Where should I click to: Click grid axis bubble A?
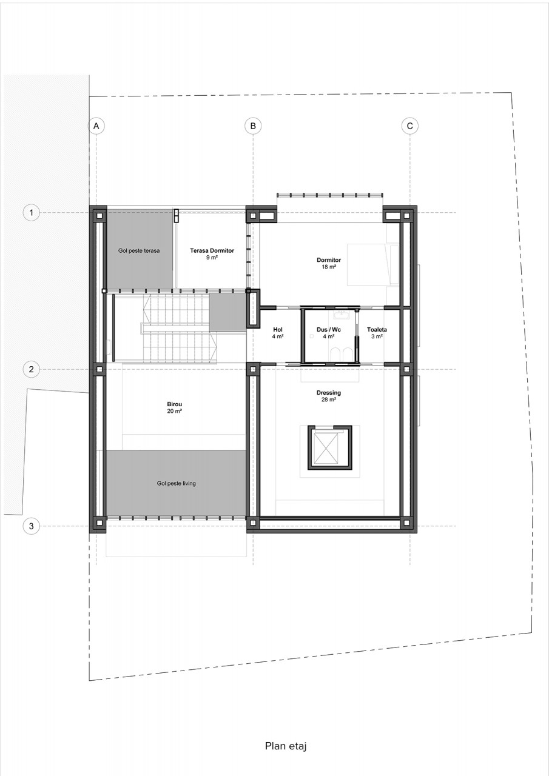coord(96,125)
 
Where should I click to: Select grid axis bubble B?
coord(253,125)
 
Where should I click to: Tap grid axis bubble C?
coord(410,125)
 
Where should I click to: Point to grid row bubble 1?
coord(31,212)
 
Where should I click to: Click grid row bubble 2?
coord(31,369)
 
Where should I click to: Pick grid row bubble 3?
coord(31,526)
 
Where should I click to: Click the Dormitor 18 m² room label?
coord(329,263)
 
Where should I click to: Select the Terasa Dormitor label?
coord(212,250)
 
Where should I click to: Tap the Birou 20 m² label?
coord(174,407)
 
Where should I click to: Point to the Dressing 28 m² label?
coord(329,396)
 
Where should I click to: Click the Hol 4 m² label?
coord(278,333)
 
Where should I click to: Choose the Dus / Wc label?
coord(329,329)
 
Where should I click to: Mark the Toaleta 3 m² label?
coord(377,333)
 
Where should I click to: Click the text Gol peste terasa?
coord(139,250)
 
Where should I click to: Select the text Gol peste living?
coord(176,483)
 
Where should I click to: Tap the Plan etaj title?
coord(286,746)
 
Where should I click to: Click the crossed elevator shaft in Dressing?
coord(325,448)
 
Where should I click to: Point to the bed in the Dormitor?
coord(373,265)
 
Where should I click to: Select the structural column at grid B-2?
coord(253,369)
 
